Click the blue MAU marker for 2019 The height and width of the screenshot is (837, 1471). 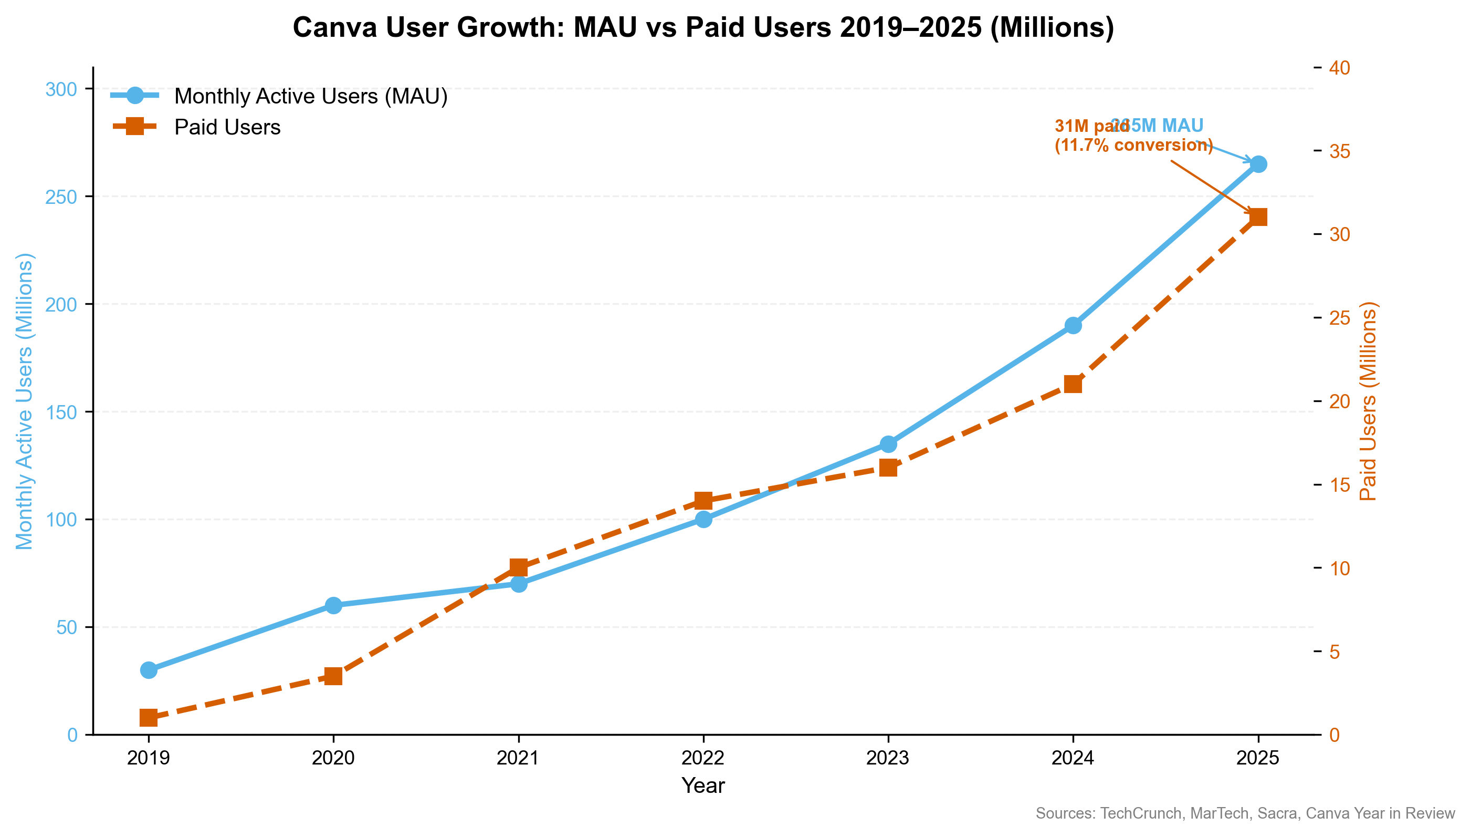[149, 670]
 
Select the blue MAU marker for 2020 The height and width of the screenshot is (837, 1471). [334, 605]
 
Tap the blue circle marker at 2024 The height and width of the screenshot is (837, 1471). [1073, 325]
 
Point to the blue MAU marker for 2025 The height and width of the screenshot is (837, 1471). [1258, 164]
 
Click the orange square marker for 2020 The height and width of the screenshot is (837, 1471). [334, 676]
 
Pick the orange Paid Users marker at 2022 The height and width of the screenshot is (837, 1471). [703, 501]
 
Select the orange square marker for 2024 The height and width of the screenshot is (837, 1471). [1073, 384]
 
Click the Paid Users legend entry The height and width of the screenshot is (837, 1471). [227, 127]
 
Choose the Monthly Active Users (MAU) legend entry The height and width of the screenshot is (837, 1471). [310, 96]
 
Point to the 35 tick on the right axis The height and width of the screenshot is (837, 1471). [1341, 151]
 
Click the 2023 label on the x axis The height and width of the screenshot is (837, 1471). [888, 758]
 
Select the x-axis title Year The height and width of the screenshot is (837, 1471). [703, 786]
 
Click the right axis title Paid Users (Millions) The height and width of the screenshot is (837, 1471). [1368, 401]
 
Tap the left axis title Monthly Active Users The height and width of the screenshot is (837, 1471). [24, 401]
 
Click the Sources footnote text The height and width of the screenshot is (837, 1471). [1245, 813]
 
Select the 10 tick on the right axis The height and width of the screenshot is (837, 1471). [1341, 568]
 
